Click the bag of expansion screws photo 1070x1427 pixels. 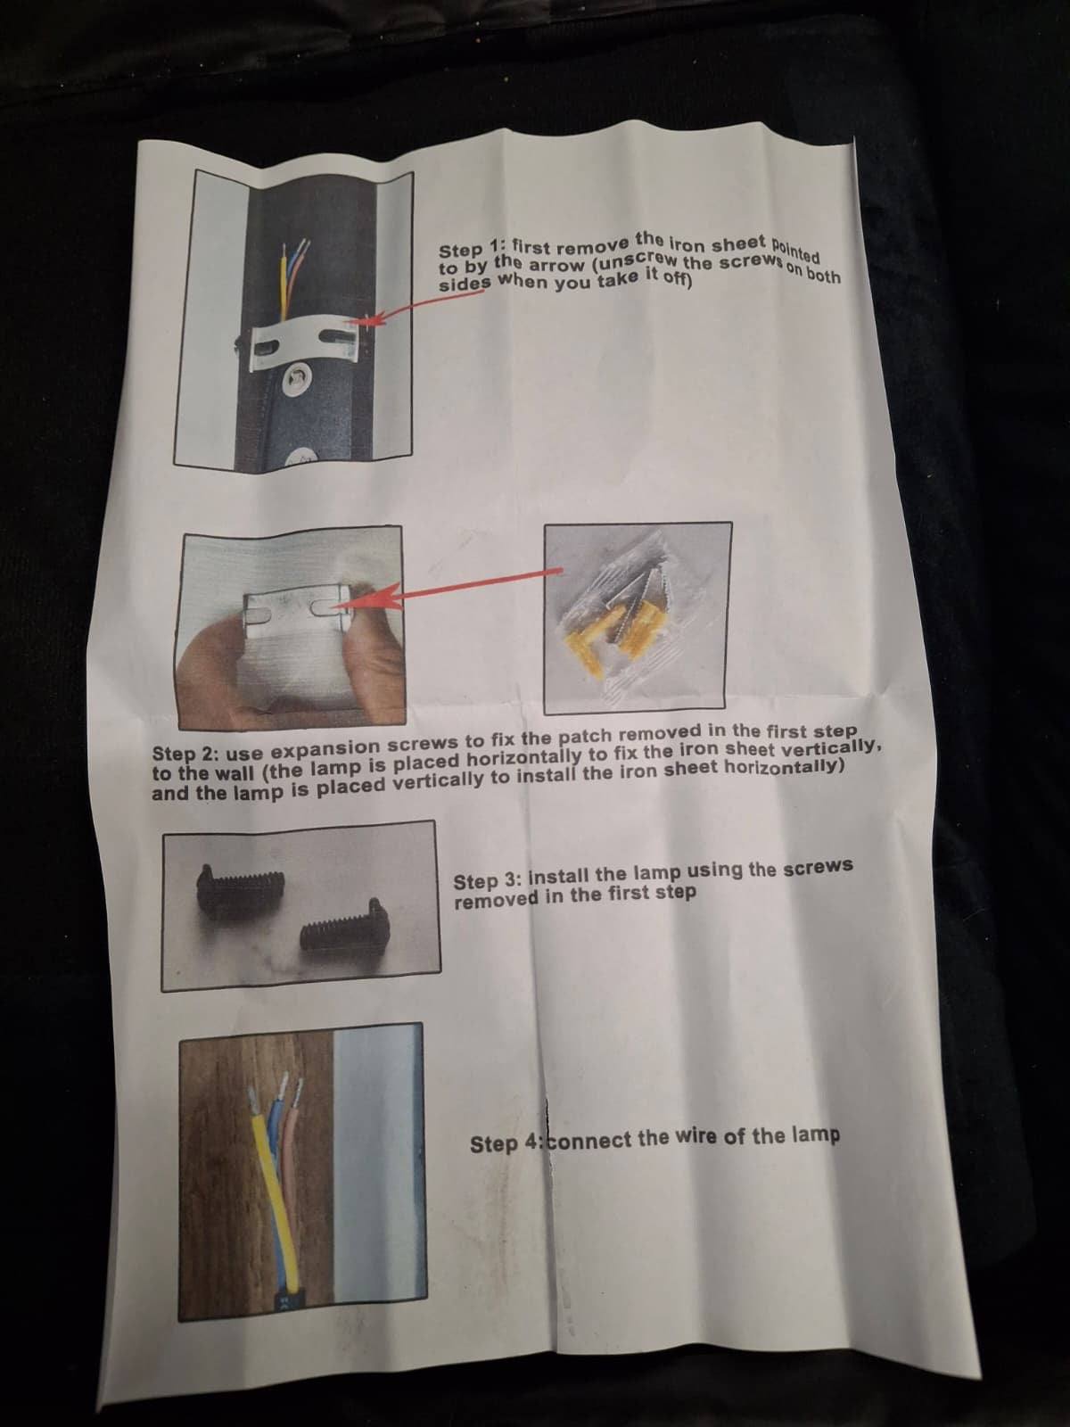click(635, 617)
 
